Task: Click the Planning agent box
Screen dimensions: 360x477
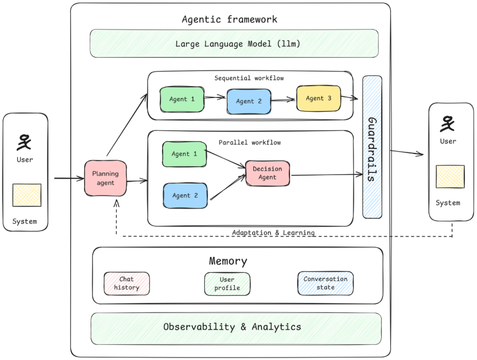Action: click(105, 178)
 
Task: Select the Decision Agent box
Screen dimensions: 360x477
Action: click(267, 173)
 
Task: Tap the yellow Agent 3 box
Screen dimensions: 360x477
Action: click(319, 98)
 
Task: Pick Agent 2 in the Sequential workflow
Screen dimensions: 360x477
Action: click(249, 101)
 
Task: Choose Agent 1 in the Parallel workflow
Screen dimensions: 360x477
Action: click(184, 154)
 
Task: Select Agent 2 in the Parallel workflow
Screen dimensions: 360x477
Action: click(185, 196)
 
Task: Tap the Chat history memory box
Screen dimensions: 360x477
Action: click(126, 284)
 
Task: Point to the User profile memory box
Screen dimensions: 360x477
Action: click(227, 284)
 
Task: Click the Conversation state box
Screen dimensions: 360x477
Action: click(325, 283)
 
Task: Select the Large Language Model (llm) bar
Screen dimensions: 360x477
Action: click(234, 43)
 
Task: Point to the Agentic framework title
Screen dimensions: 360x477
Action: click(229, 19)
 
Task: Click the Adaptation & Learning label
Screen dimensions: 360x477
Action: click(273, 233)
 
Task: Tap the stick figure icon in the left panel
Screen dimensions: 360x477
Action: click(24, 143)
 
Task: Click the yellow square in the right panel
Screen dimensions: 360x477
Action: click(449, 176)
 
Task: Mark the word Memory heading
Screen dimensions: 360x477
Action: click(228, 261)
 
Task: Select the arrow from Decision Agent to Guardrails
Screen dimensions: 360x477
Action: click(326, 175)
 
